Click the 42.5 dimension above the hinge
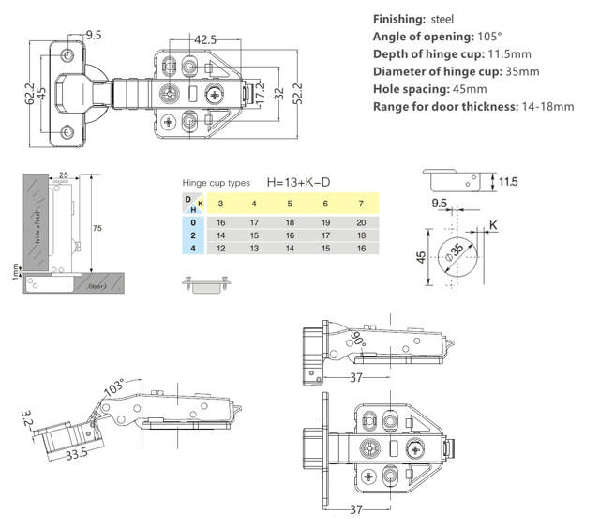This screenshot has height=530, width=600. coord(205,40)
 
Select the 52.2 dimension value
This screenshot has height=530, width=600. coord(297,93)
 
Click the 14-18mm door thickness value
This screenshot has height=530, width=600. coord(547,106)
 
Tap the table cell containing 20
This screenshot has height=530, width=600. coord(361,222)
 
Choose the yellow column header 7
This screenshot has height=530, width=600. coord(361,204)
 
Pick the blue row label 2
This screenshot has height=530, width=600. coord(192,235)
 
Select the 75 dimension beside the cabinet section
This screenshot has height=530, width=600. coord(96,227)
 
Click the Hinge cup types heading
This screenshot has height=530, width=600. coord(217,183)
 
